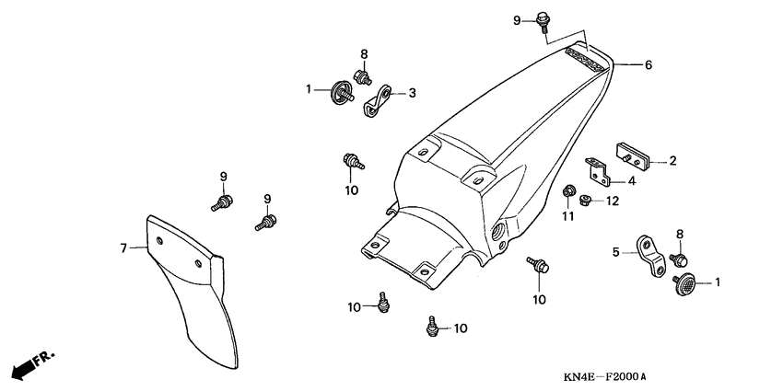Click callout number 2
pos(673,161)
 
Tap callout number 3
pos(412,92)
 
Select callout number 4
pos(657,181)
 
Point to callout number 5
pos(615,249)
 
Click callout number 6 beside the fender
pos(648,65)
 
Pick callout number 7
pos(122,247)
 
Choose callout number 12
pos(611,201)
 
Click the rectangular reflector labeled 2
pos(637,157)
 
